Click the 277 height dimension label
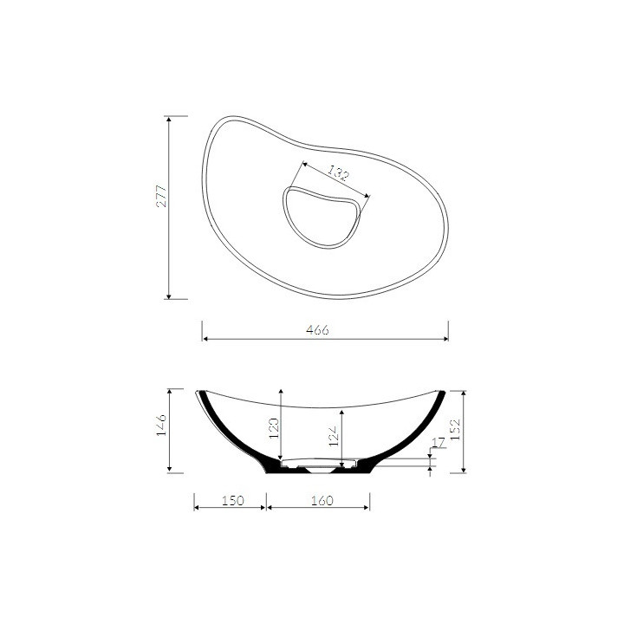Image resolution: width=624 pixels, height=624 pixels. pos(162,196)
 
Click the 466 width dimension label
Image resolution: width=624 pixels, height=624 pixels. pos(317,330)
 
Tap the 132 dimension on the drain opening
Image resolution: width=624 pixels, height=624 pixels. pos(339,173)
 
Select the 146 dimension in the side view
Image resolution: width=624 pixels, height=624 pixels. pos(161,425)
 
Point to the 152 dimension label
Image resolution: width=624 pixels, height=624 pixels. pos(456,429)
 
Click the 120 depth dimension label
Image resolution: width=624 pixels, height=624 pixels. pos(274,428)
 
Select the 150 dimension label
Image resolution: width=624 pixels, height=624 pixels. pos(233,500)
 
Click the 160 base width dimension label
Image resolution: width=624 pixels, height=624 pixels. pos(322,500)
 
